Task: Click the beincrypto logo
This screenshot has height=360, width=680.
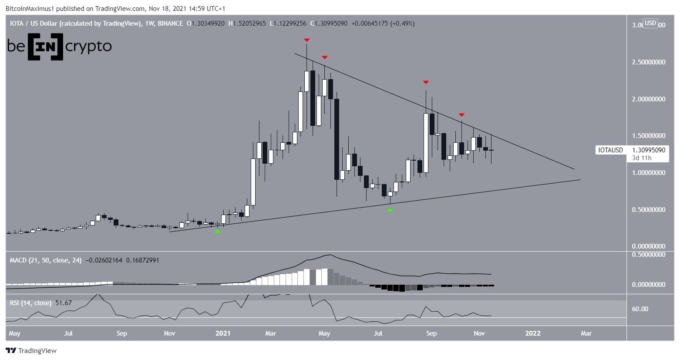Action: coord(59,47)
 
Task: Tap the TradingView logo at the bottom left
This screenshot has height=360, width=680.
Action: coord(31,350)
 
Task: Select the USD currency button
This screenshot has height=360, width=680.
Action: coord(650,23)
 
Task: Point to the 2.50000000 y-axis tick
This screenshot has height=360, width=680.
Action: coord(648,62)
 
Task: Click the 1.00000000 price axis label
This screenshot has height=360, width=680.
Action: coord(648,173)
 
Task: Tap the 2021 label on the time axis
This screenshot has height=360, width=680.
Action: coord(223,333)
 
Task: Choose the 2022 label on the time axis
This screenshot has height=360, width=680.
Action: coord(533,333)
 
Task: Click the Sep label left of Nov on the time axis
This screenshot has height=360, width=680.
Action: coord(431,333)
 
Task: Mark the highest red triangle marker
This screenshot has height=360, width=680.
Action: coord(307,40)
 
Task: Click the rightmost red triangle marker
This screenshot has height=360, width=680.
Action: coord(461,115)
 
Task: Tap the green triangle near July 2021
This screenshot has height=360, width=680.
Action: coord(390,210)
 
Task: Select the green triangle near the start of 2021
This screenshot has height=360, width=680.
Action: coord(217,231)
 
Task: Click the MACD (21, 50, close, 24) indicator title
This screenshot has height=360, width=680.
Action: coord(46,260)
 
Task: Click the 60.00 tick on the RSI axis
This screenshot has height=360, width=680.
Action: coord(640,309)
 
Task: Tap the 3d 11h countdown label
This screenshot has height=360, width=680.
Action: coord(642,158)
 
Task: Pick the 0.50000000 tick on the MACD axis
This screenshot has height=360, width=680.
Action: coord(648,254)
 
